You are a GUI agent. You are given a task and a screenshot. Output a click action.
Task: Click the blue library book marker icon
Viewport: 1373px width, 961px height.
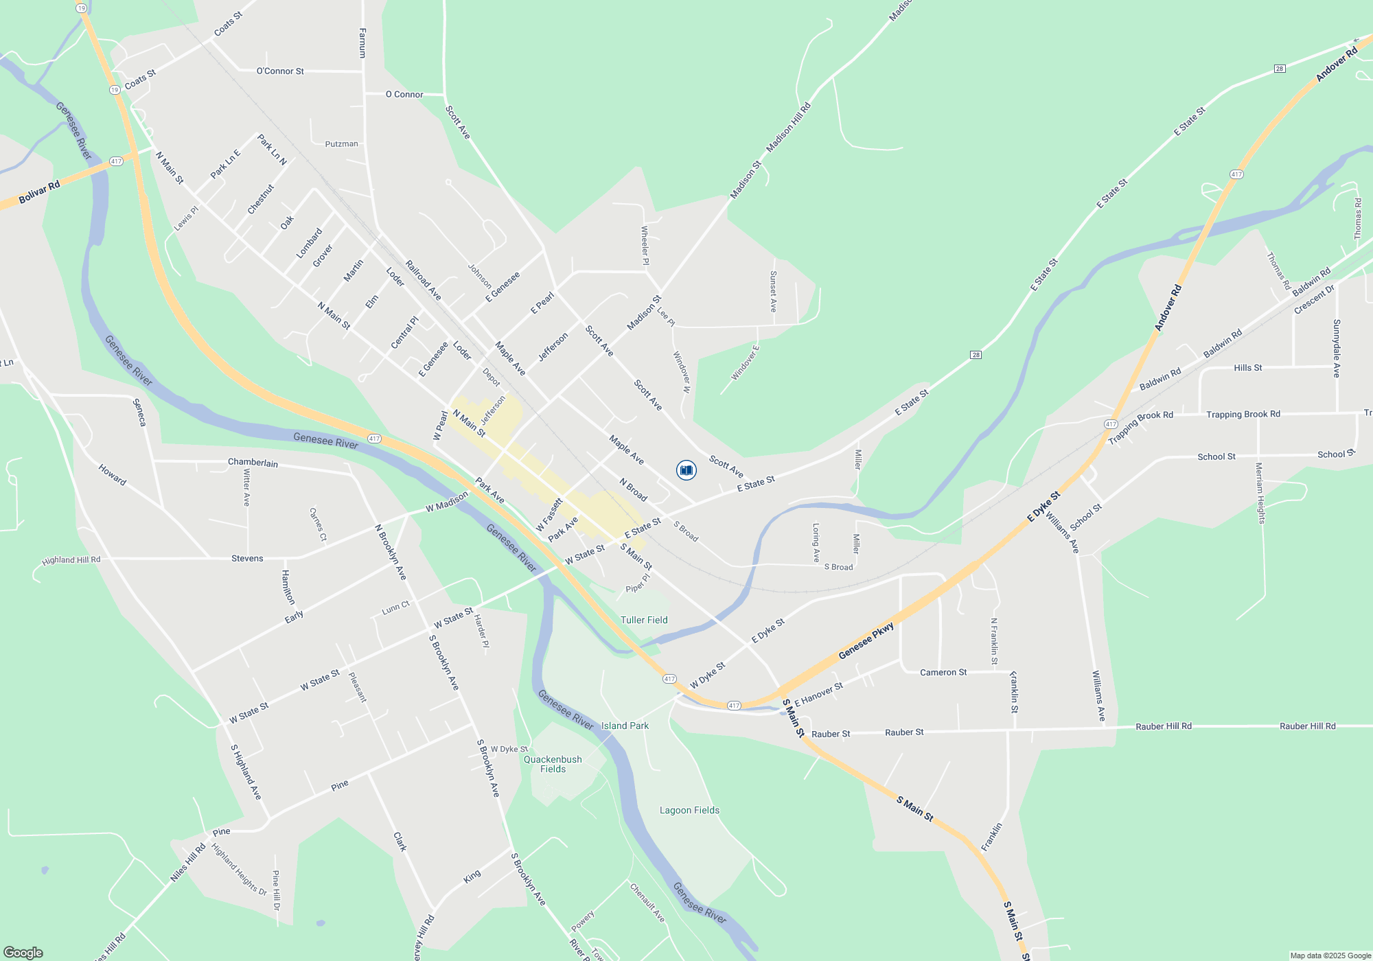tap(686, 470)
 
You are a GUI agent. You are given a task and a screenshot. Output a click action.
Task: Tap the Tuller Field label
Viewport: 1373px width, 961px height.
tap(644, 620)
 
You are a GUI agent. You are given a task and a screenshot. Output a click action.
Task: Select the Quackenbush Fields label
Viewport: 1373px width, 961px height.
tap(553, 764)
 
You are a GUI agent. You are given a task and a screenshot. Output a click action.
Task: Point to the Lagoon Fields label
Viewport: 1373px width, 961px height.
tap(689, 810)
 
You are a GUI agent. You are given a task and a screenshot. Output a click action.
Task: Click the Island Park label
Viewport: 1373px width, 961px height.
tap(625, 726)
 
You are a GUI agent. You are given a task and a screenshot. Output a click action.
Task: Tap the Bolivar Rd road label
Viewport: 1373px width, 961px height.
tap(39, 192)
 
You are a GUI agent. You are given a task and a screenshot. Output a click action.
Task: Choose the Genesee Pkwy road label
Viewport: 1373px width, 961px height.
tap(866, 641)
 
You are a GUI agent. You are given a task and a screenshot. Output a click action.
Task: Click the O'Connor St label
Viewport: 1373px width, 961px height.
tap(280, 71)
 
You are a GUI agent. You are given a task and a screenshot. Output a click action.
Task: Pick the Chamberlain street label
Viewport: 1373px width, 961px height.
tap(253, 463)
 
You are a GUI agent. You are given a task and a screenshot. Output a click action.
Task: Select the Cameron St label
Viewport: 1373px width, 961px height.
tap(943, 672)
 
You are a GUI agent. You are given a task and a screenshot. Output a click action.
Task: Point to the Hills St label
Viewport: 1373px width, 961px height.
tap(1247, 368)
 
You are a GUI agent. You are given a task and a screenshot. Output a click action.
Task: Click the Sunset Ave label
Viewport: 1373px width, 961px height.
tap(774, 291)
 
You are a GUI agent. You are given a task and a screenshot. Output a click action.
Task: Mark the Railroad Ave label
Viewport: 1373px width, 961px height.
tap(423, 279)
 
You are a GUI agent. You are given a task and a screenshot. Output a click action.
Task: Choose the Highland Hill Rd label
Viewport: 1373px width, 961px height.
tap(71, 560)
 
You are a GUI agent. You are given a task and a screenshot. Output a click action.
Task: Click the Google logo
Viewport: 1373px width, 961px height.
tap(23, 952)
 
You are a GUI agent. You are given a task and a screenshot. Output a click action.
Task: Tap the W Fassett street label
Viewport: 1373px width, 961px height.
tap(549, 515)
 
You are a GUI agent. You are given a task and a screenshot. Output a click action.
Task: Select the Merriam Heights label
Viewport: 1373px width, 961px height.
tap(1260, 493)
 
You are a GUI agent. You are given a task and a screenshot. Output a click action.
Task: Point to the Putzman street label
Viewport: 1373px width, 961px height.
tap(341, 144)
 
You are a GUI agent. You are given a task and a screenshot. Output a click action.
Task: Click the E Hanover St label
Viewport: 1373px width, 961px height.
tap(818, 695)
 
